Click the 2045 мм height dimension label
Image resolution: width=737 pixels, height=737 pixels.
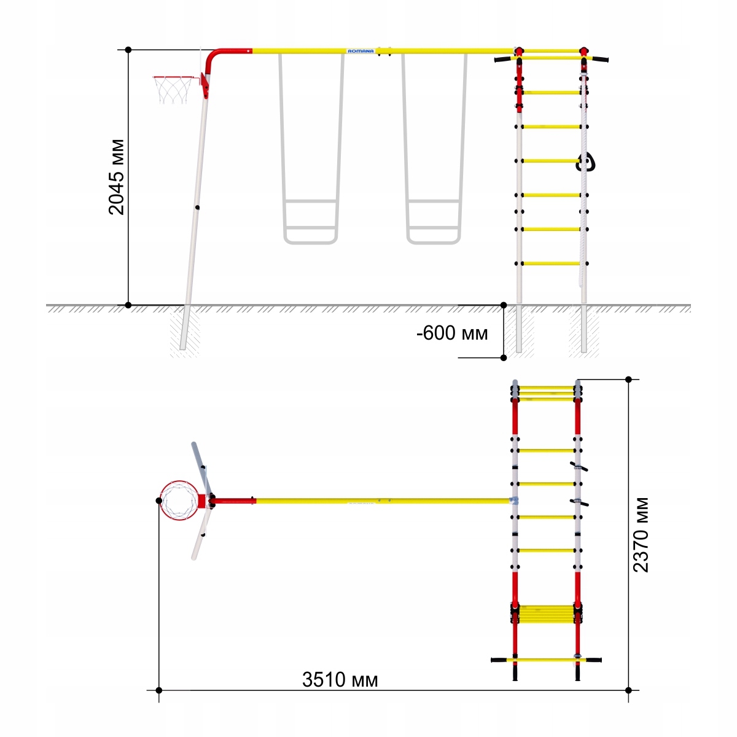pos(116,177)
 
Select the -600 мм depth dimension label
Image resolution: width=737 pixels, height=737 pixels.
pos(451,333)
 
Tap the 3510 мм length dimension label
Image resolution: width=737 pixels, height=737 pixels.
pos(340,680)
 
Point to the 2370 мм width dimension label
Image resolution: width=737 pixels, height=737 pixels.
pos(641,535)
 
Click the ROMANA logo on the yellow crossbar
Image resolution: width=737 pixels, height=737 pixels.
pos(361,51)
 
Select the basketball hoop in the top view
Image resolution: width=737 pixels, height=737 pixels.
pos(179,501)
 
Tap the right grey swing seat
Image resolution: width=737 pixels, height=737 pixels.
pos(434,222)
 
